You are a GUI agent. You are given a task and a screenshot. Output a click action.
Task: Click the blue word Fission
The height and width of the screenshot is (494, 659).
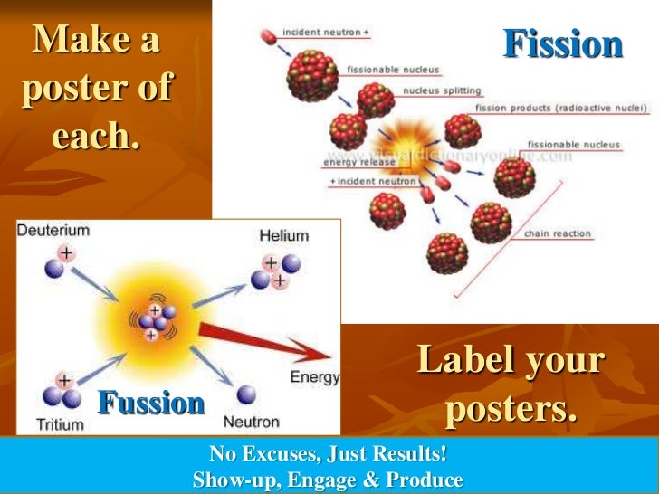[x=562, y=44]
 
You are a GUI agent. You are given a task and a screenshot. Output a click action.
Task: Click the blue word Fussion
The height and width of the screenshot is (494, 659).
[x=151, y=403]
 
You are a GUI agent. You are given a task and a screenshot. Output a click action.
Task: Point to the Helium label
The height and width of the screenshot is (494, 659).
[x=283, y=235]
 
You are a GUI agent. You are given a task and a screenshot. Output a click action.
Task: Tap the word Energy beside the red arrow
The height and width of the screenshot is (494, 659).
[x=314, y=376]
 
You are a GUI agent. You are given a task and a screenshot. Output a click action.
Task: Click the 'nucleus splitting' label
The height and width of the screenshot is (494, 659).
[x=442, y=90]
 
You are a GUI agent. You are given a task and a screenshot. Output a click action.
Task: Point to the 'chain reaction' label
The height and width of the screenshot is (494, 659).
[x=558, y=233]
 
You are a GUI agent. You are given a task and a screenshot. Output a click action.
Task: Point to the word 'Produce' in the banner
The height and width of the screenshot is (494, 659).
[x=421, y=480]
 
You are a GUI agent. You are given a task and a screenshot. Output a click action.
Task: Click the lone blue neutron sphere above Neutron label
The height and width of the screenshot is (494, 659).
[x=245, y=395]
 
